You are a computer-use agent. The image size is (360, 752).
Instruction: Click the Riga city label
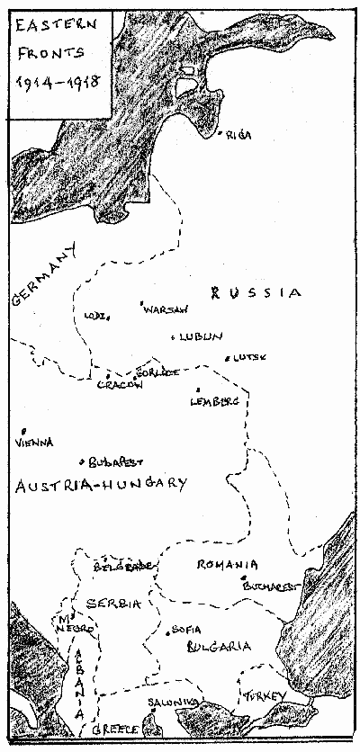pyautogui.click(x=238, y=135)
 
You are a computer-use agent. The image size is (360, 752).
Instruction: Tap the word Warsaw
pyautogui.click(x=167, y=309)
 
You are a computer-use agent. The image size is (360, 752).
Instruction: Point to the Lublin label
pyautogui.click(x=199, y=337)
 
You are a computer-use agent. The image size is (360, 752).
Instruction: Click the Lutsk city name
pyautogui.click(x=252, y=357)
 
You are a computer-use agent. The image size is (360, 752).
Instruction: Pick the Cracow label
pyautogui.click(x=120, y=385)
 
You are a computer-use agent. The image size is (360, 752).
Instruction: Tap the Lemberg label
pyautogui.click(x=215, y=402)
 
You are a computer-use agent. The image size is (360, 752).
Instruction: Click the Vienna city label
pyautogui.click(x=34, y=443)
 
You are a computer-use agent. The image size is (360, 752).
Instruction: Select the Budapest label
pyautogui.click(x=116, y=462)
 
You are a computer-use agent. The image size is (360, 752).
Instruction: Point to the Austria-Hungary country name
pyautogui.click(x=101, y=485)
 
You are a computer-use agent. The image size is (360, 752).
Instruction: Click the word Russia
pyautogui.click(x=254, y=292)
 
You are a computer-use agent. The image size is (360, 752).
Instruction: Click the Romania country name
pyautogui.click(x=230, y=565)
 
